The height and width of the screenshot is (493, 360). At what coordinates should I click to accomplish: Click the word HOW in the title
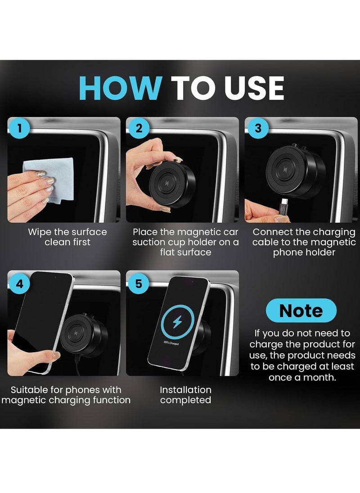[x=120, y=88]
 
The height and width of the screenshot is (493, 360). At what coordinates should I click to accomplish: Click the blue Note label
[x=301, y=311]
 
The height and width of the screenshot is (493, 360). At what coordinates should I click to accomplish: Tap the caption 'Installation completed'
[x=185, y=394]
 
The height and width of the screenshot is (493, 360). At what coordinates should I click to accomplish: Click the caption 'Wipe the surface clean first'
[x=67, y=237]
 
